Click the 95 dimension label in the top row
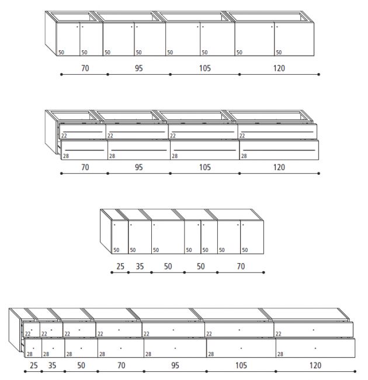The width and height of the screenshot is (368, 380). tap(138, 68)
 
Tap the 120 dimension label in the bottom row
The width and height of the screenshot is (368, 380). tap(315, 365)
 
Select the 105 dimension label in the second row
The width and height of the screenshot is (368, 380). tap(205, 167)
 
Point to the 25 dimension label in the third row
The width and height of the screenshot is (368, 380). tap(120, 267)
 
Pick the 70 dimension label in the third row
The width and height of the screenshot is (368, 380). tap(241, 267)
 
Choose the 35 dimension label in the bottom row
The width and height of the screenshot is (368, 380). tap(52, 365)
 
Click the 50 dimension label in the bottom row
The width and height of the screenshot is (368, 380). tap(81, 365)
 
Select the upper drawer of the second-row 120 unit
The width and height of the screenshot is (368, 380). tap(277, 132)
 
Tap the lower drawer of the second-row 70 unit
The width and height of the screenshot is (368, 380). tap(84, 150)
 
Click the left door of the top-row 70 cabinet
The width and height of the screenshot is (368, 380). tap(68, 39)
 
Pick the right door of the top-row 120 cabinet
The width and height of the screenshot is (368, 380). tap(294, 39)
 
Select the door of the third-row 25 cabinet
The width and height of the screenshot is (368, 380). tap(120, 237)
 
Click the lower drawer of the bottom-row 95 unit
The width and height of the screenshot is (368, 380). tap(175, 348)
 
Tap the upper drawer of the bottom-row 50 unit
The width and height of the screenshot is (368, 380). tap(79, 330)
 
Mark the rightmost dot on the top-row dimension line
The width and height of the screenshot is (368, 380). tap(318, 74)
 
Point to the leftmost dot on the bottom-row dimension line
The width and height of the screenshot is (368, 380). tap(25, 371)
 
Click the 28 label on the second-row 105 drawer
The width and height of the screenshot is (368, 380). tap(175, 156)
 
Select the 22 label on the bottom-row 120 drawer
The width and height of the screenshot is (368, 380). tap(279, 334)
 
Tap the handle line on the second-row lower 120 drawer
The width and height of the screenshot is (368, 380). tap(279, 150)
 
